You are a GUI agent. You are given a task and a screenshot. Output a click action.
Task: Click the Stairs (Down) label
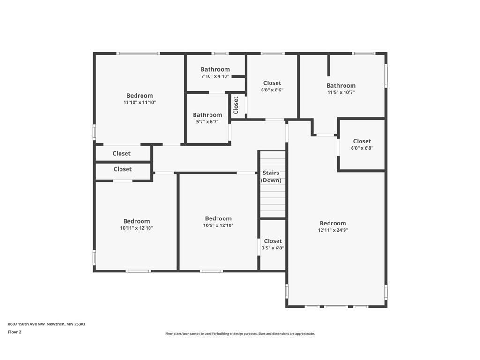271,176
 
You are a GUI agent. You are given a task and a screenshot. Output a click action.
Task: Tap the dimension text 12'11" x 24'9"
333,230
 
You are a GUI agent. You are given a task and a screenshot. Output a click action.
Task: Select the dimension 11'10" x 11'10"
140,103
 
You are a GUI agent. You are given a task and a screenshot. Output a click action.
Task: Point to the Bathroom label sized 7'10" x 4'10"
215,69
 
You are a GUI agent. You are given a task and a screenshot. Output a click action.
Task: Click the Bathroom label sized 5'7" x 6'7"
207,115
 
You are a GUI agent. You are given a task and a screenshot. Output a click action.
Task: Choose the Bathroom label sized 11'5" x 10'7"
341,85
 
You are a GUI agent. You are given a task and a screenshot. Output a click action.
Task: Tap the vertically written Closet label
236,105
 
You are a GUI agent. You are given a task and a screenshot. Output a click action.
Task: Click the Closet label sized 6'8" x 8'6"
272,83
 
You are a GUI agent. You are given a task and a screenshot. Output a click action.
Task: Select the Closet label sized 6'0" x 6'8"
362,141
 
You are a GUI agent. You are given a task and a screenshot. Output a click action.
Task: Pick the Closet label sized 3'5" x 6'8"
273,241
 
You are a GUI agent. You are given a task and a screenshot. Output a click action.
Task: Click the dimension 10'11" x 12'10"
136,228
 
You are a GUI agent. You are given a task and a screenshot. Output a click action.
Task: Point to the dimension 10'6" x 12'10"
218,225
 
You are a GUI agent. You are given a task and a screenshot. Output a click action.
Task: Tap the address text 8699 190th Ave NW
27,324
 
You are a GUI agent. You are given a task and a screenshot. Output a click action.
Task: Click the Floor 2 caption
15,332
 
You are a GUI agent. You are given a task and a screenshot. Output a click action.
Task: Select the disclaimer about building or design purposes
240,334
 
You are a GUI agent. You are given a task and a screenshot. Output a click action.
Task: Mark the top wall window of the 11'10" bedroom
138,53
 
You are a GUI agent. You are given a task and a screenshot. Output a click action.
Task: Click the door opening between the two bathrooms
217,92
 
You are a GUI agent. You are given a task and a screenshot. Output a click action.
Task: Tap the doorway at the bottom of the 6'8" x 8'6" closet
275,120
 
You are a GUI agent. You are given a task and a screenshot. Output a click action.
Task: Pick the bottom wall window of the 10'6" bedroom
211,271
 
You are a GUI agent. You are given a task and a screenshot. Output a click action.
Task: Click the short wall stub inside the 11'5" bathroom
329,66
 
